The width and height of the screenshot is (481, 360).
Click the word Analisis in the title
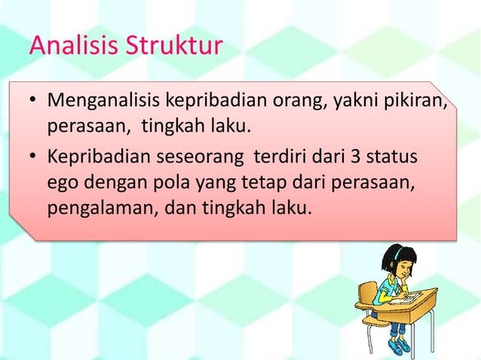click(x=64, y=46)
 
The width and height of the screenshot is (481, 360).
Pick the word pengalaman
click(x=98, y=207)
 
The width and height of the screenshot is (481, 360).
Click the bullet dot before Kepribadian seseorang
click(x=34, y=160)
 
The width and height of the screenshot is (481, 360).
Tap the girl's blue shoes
click(x=397, y=346)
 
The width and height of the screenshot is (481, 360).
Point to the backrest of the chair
click(x=367, y=295)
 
